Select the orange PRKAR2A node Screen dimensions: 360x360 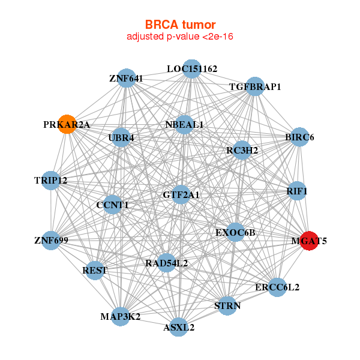(x=67, y=124)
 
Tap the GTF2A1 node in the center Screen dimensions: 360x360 (x=181, y=194)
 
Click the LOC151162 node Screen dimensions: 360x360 (x=191, y=69)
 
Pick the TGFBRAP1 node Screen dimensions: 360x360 (x=255, y=86)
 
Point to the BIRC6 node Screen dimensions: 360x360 (x=299, y=137)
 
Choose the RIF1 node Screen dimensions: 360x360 (x=297, y=191)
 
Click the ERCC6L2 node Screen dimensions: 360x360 (x=277, y=287)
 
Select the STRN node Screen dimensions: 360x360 (x=227, y=305)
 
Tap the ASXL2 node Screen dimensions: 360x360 (x=179, y=327)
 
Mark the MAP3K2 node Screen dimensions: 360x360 (x=121, y=316)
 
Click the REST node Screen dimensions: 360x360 (x=95, y=270)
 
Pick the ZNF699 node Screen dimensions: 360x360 (x=52, y=241)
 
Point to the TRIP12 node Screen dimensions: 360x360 (x=51, y=180)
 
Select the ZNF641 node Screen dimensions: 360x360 (x=126, y=78)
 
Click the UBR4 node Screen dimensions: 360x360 (x=121, y=137)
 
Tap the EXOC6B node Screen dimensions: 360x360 (x=235, y=232)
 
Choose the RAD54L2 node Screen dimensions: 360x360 (x=167, y=262)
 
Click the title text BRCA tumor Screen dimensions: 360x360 (x=180, y=25)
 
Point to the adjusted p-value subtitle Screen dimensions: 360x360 (x=180, y=37)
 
